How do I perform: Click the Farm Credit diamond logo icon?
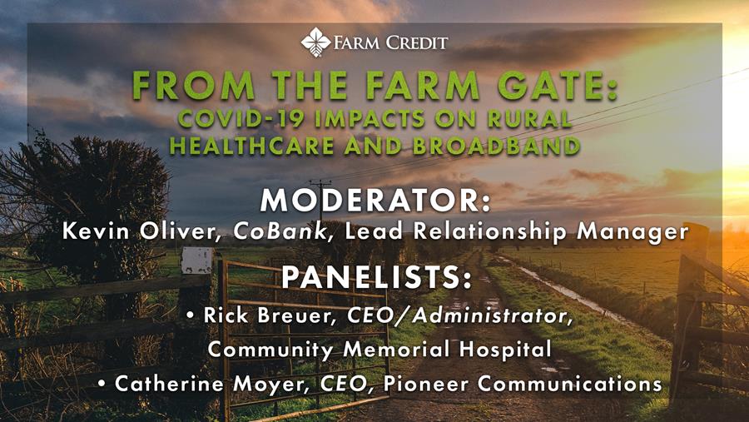(315, 42)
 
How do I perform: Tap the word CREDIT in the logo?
(417, 43)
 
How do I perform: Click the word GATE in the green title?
(557, 86)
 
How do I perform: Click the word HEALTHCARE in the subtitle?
(251, 146)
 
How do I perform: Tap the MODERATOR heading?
(375, 201)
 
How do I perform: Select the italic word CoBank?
(280, 231)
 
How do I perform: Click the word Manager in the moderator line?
(632, 232)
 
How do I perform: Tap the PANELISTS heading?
(376, 277)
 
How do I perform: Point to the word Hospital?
(505, 350)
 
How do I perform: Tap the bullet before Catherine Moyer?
(102, 384)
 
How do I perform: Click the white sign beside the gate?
(196, 260)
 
